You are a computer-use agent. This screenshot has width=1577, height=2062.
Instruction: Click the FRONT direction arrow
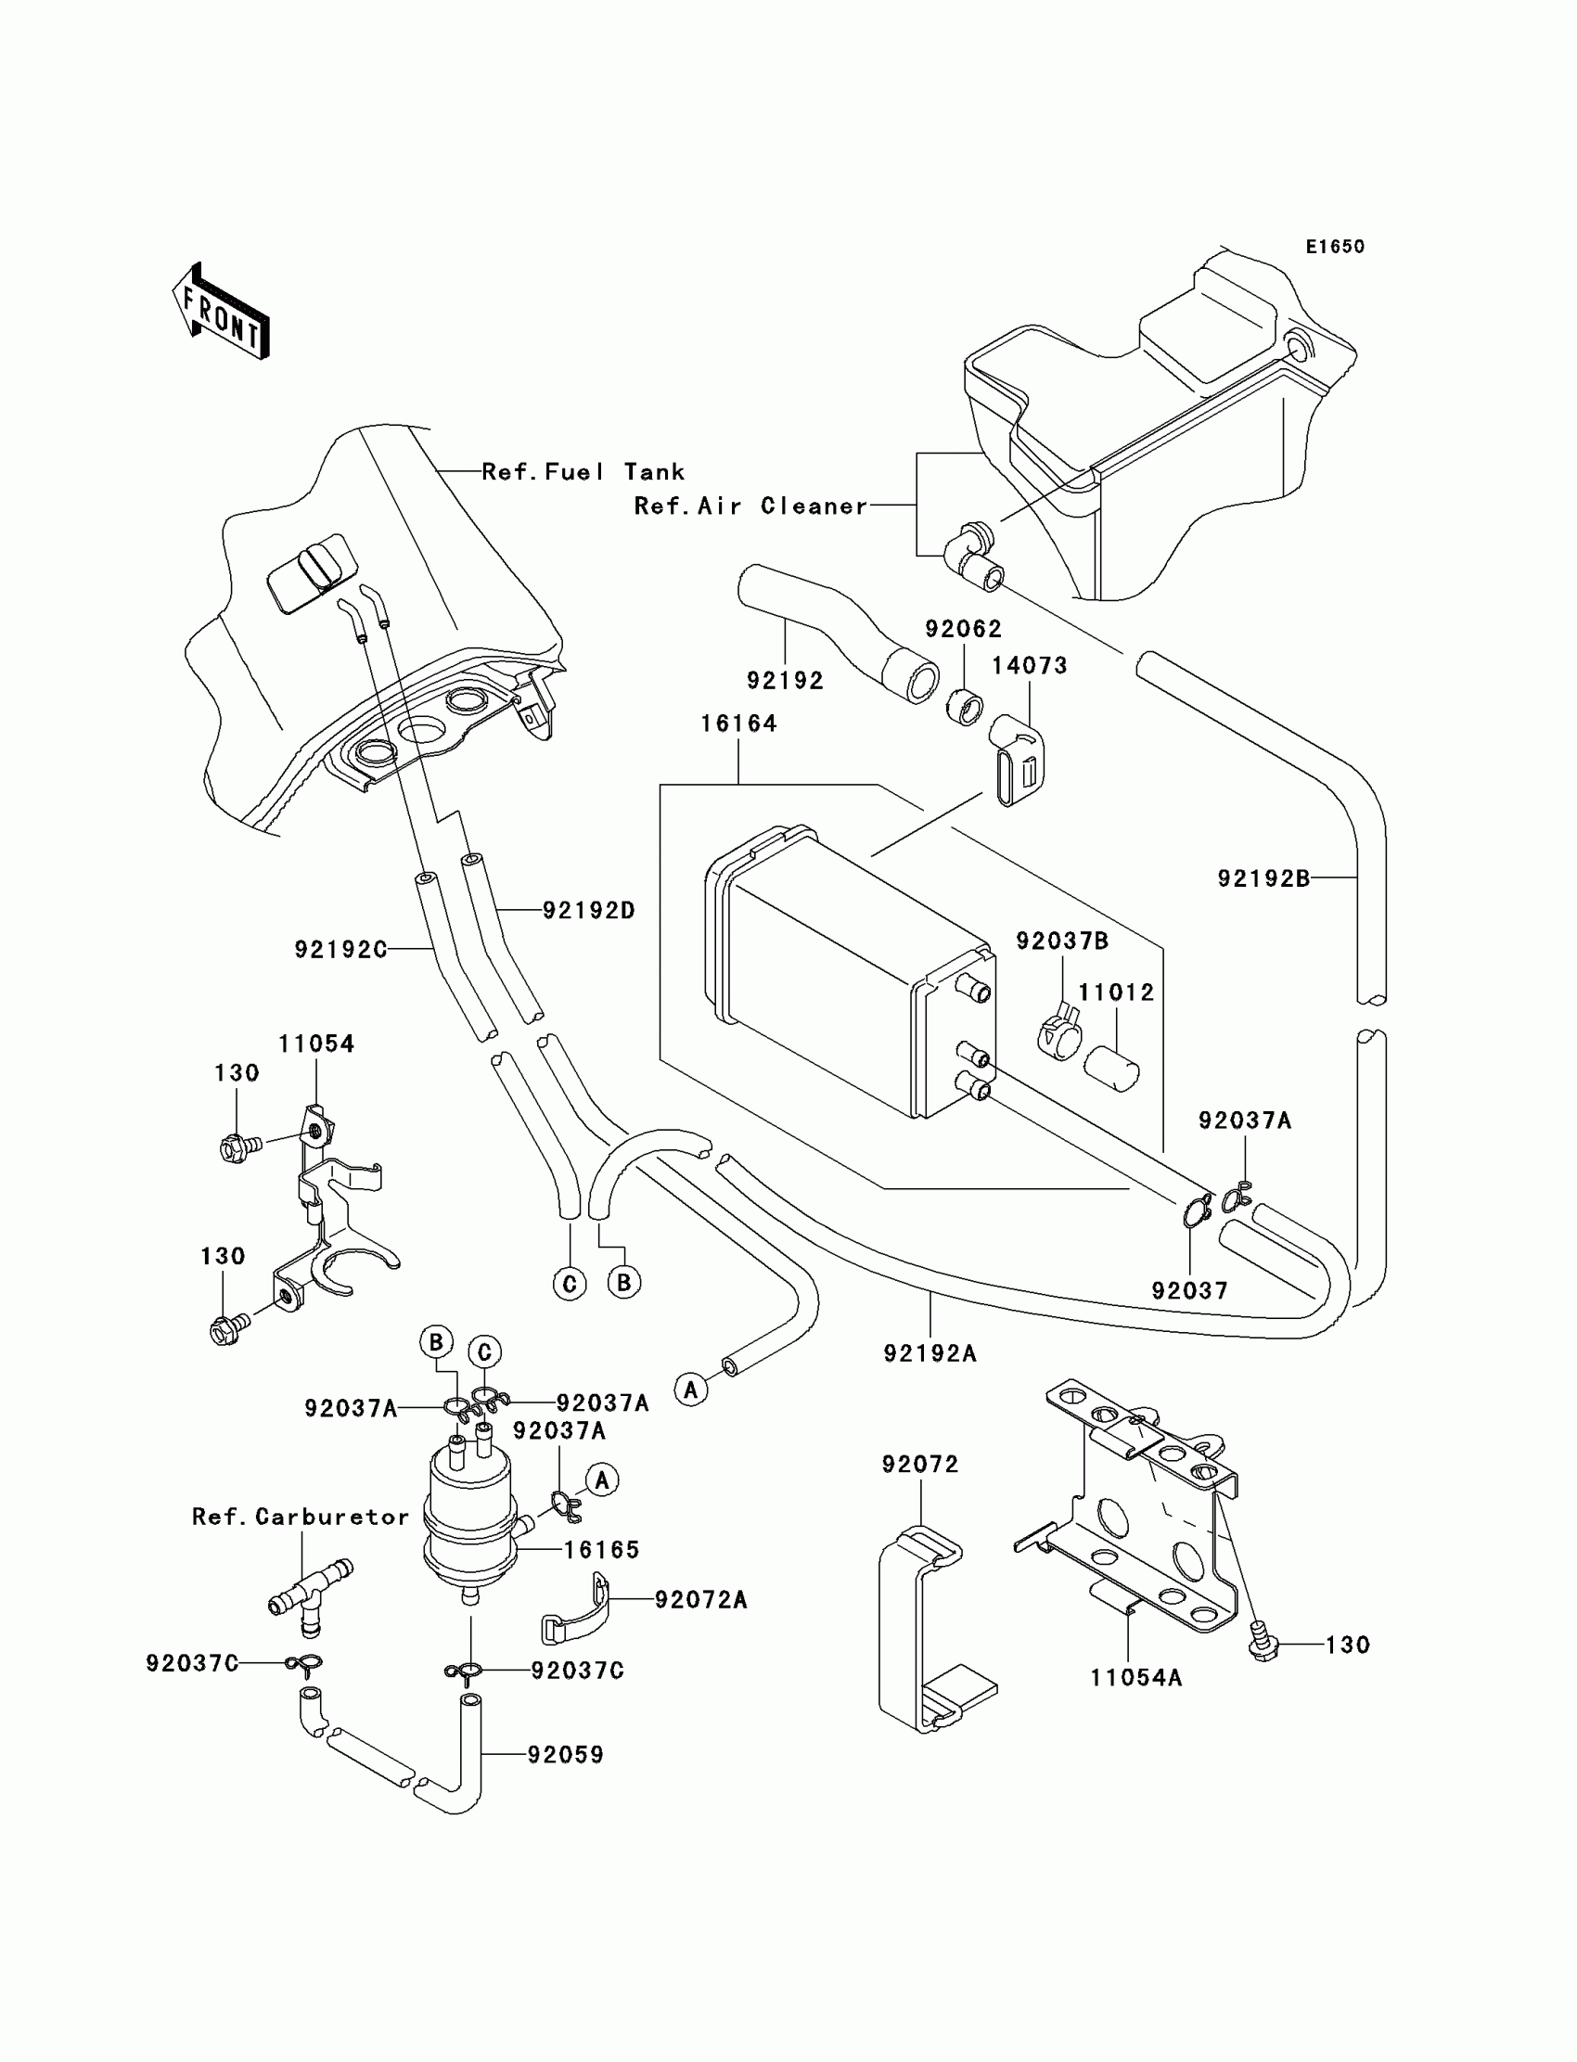click(x=222, y=313)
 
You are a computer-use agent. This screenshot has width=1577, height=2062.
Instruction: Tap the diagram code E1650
click(x=1335, y=247)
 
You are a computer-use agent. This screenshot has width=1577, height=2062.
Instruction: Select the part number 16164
click(x=738, y=724)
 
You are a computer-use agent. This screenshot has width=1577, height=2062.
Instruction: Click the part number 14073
click(x=1030, y=665)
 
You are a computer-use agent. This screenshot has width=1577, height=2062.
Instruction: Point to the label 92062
click(x=964, y=629)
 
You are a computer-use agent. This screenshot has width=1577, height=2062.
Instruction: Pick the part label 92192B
click(x=1263, y=878)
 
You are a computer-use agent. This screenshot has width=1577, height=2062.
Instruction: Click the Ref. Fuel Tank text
click(x=583, y=472)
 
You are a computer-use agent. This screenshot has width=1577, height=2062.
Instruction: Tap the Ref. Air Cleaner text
click(x=751, y=506)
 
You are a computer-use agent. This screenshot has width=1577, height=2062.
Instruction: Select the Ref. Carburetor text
click(x=301, y=1518)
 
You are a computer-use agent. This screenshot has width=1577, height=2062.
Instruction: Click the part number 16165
click(x=602, y=1550)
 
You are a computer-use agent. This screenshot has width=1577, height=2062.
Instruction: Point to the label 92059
click(x=565, y=1755)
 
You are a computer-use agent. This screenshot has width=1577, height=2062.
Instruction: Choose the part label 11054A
click(x=1135, y=1678)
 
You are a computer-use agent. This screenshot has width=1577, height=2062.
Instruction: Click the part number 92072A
click(x=701, y=1600)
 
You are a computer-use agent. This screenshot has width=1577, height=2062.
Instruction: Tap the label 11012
click(x=1116, y=993)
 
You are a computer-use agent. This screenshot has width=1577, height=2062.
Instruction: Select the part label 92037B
click(x=1062, y=941)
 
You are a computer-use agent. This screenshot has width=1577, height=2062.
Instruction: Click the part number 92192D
click(x=589, y=910)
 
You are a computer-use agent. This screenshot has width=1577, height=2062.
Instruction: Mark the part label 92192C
click(x=340, y=950)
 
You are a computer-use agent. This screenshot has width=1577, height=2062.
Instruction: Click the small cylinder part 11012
click(x=1112, y=1069)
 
